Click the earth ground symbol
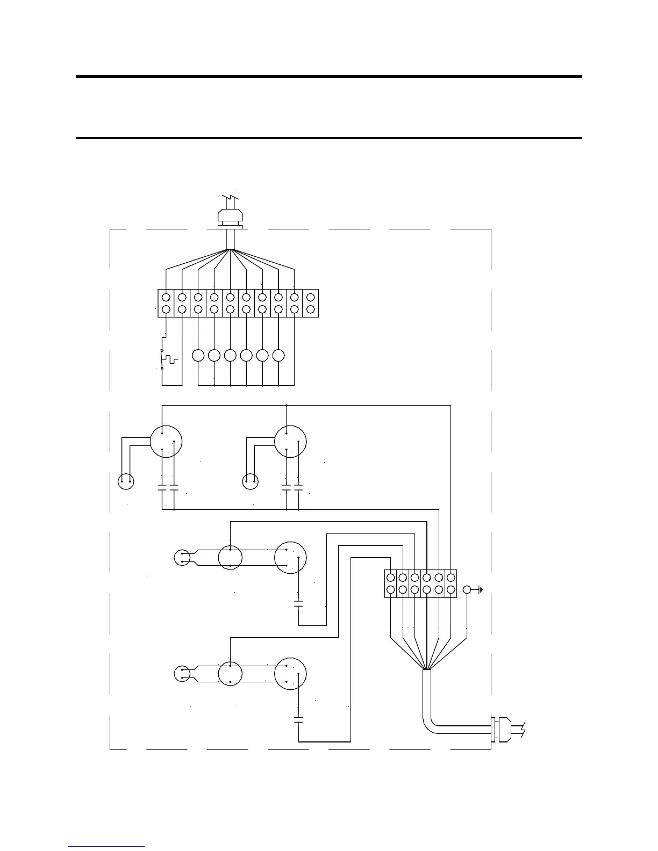[x=480, y=590]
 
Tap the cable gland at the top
[x=231, y=218]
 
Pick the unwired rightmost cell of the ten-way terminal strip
[x=310, y=303]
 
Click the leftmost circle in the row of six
[x=198, y=356]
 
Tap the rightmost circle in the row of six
[x=278, y=356]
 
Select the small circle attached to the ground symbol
[x=467, y=590]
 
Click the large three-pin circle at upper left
[x=166, y=442]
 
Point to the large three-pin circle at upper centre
[x=290, y=442]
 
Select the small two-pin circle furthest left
[x=126, y=481]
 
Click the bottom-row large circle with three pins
[x=290, y=674]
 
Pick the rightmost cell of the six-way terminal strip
[x=450, y=583]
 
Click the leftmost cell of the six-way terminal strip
[x=391, y=583]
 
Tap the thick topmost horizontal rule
[x=329, y=77]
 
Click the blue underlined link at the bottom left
[x=106, y=847]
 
